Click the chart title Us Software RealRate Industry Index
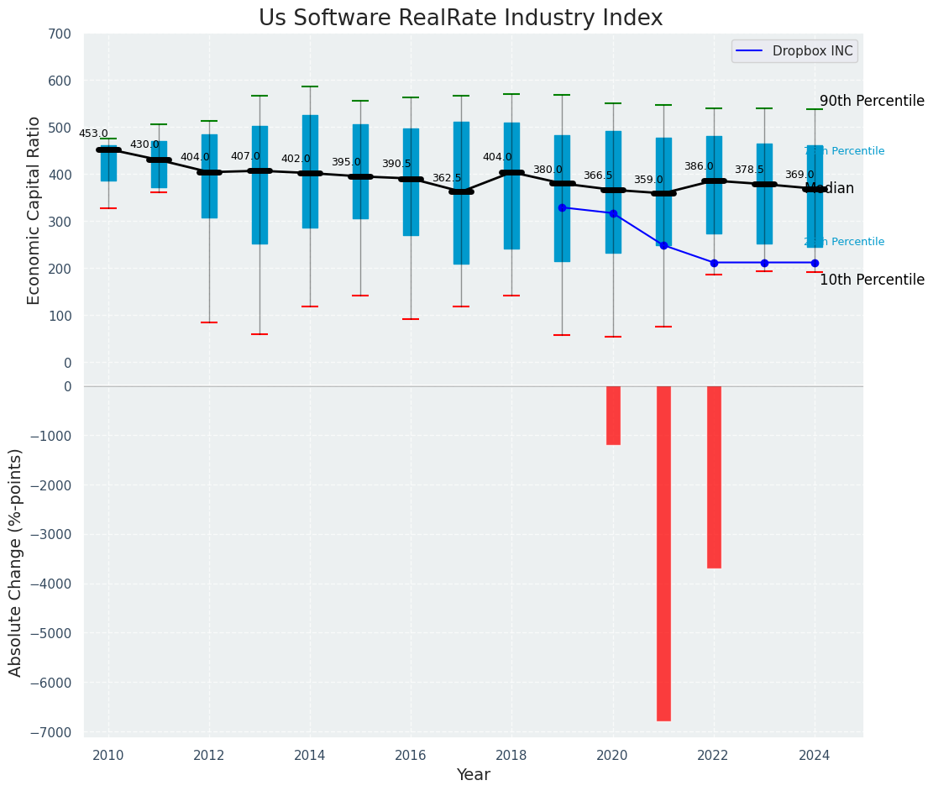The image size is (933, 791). click(x=460, y=18)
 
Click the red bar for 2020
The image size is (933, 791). click(x=613, y=415)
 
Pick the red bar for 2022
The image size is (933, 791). click(x=714, y=477)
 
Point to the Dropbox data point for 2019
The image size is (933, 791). click(x=562, y=207)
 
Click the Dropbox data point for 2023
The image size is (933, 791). click(x=764, y=263)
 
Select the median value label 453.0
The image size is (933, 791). click(x=93, y=134)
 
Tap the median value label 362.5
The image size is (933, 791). click(x=447, y=178)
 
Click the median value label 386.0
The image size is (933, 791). click(x=699, y=166)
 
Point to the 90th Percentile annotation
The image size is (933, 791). click(x=872, y=101)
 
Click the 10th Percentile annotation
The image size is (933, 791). click(x=872, y=280)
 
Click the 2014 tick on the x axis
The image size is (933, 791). click(x=310, y=756)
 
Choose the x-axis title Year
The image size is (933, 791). click(x=474, y=775)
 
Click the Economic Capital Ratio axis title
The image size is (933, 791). click(x=34, y=210)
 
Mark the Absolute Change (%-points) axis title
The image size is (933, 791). click(x=16, y=562)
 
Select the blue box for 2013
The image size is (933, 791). click(x=259, y=185)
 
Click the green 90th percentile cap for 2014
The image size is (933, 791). click(x=310, y=86)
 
